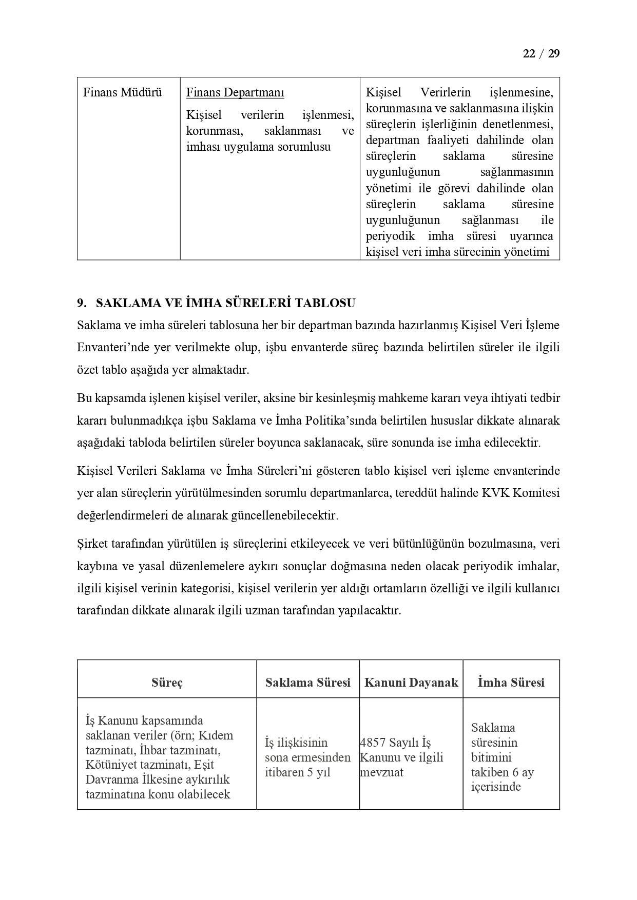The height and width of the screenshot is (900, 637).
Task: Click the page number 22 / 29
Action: pos(541,54)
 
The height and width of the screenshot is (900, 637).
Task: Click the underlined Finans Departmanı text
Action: pos(235,93)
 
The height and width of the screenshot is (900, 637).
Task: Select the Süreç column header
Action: pos(167,683)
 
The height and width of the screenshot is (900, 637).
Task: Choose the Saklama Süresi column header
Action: pos(307,683)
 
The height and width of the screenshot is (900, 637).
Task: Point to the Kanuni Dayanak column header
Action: pos(411,683)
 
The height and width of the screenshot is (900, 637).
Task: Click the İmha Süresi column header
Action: pos(511,683)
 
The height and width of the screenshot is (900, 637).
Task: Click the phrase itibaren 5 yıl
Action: pos(297,773)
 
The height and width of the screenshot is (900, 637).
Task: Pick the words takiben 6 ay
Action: pos(502,772)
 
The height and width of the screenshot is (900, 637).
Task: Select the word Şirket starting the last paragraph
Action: pos(93,544)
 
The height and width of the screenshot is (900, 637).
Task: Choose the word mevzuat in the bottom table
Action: pos(382,773)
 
